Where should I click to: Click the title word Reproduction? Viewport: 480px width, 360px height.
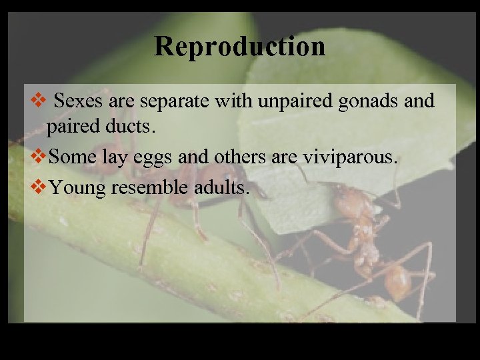click(x=240, y=46)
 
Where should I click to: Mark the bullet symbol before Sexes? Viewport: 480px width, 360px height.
click(x=39, y=101)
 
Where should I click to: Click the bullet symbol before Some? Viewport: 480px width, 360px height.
click(x=39, y=158)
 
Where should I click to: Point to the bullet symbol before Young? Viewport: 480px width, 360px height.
click(x=39, y=187)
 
